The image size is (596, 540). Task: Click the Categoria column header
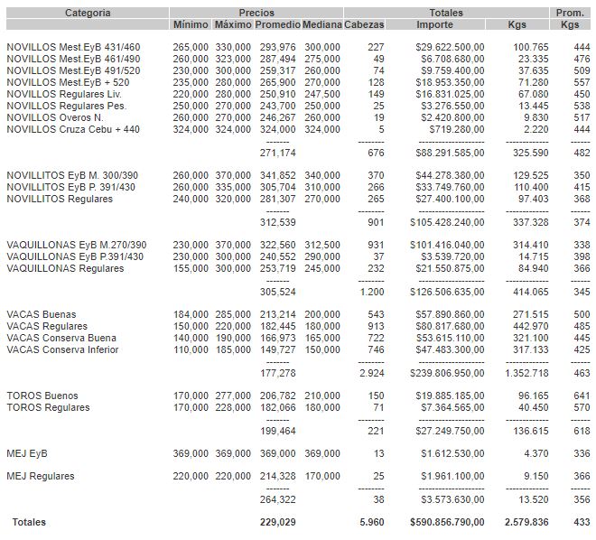point(88,13)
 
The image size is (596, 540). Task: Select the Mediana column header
point(322,24)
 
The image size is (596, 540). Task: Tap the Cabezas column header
point(365,24)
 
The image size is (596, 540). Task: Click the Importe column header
point(441,24)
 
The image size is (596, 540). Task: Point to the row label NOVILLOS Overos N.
point(54,116)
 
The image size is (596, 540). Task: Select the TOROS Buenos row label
point(42,396)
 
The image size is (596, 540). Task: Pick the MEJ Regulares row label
point(40,476)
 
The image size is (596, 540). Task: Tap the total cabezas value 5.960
point(371,522)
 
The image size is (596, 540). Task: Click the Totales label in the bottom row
point(28,522)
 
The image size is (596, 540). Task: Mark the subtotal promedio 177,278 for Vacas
point(277,372)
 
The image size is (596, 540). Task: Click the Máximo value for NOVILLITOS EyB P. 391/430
point(233,187)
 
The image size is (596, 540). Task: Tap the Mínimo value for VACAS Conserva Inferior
point(191,349)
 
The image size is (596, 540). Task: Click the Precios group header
point(256,13)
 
